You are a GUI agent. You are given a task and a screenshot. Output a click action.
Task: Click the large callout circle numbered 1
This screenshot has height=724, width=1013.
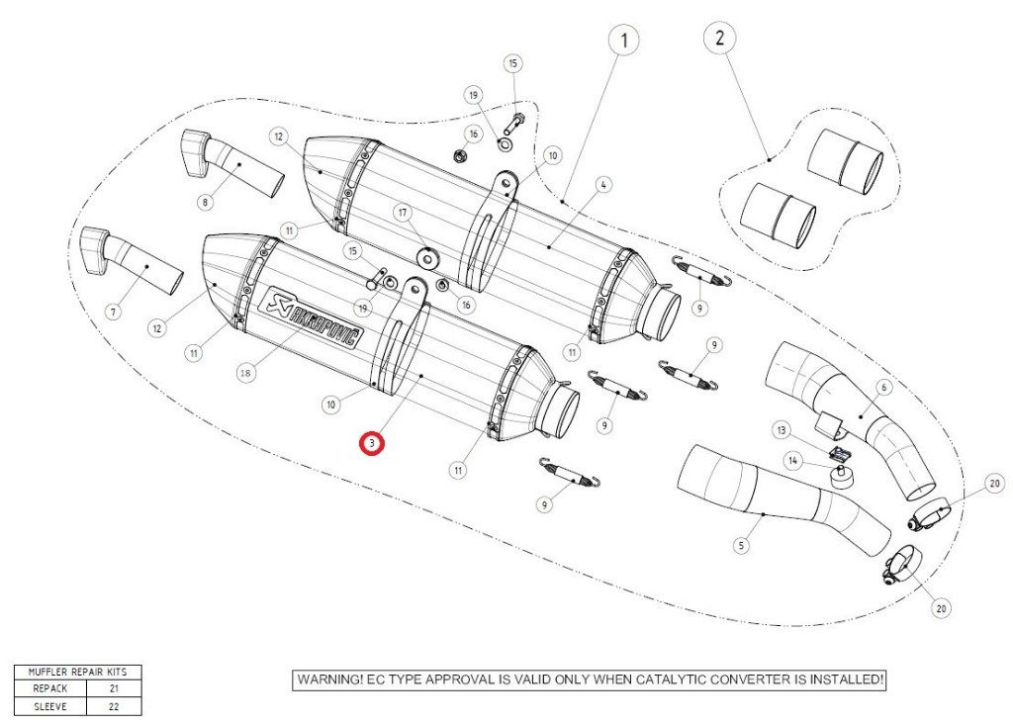[623, 41]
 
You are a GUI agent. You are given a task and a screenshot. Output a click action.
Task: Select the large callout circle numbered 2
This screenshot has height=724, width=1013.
[719, 39]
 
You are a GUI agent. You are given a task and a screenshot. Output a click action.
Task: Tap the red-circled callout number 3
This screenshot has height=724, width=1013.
[371, 444]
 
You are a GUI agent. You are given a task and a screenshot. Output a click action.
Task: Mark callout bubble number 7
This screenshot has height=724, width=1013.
[113, 312]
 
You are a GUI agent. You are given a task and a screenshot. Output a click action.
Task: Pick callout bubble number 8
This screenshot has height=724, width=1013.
[206, 202]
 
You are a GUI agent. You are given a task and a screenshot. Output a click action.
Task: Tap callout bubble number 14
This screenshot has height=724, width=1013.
[791, 459]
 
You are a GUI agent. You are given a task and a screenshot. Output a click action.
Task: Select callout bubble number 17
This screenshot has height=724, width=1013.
[404, 212]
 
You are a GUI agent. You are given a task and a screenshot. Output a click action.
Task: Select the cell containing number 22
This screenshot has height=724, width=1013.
[114, 705]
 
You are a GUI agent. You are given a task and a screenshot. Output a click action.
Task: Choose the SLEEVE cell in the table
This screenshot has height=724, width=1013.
[49, 705]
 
